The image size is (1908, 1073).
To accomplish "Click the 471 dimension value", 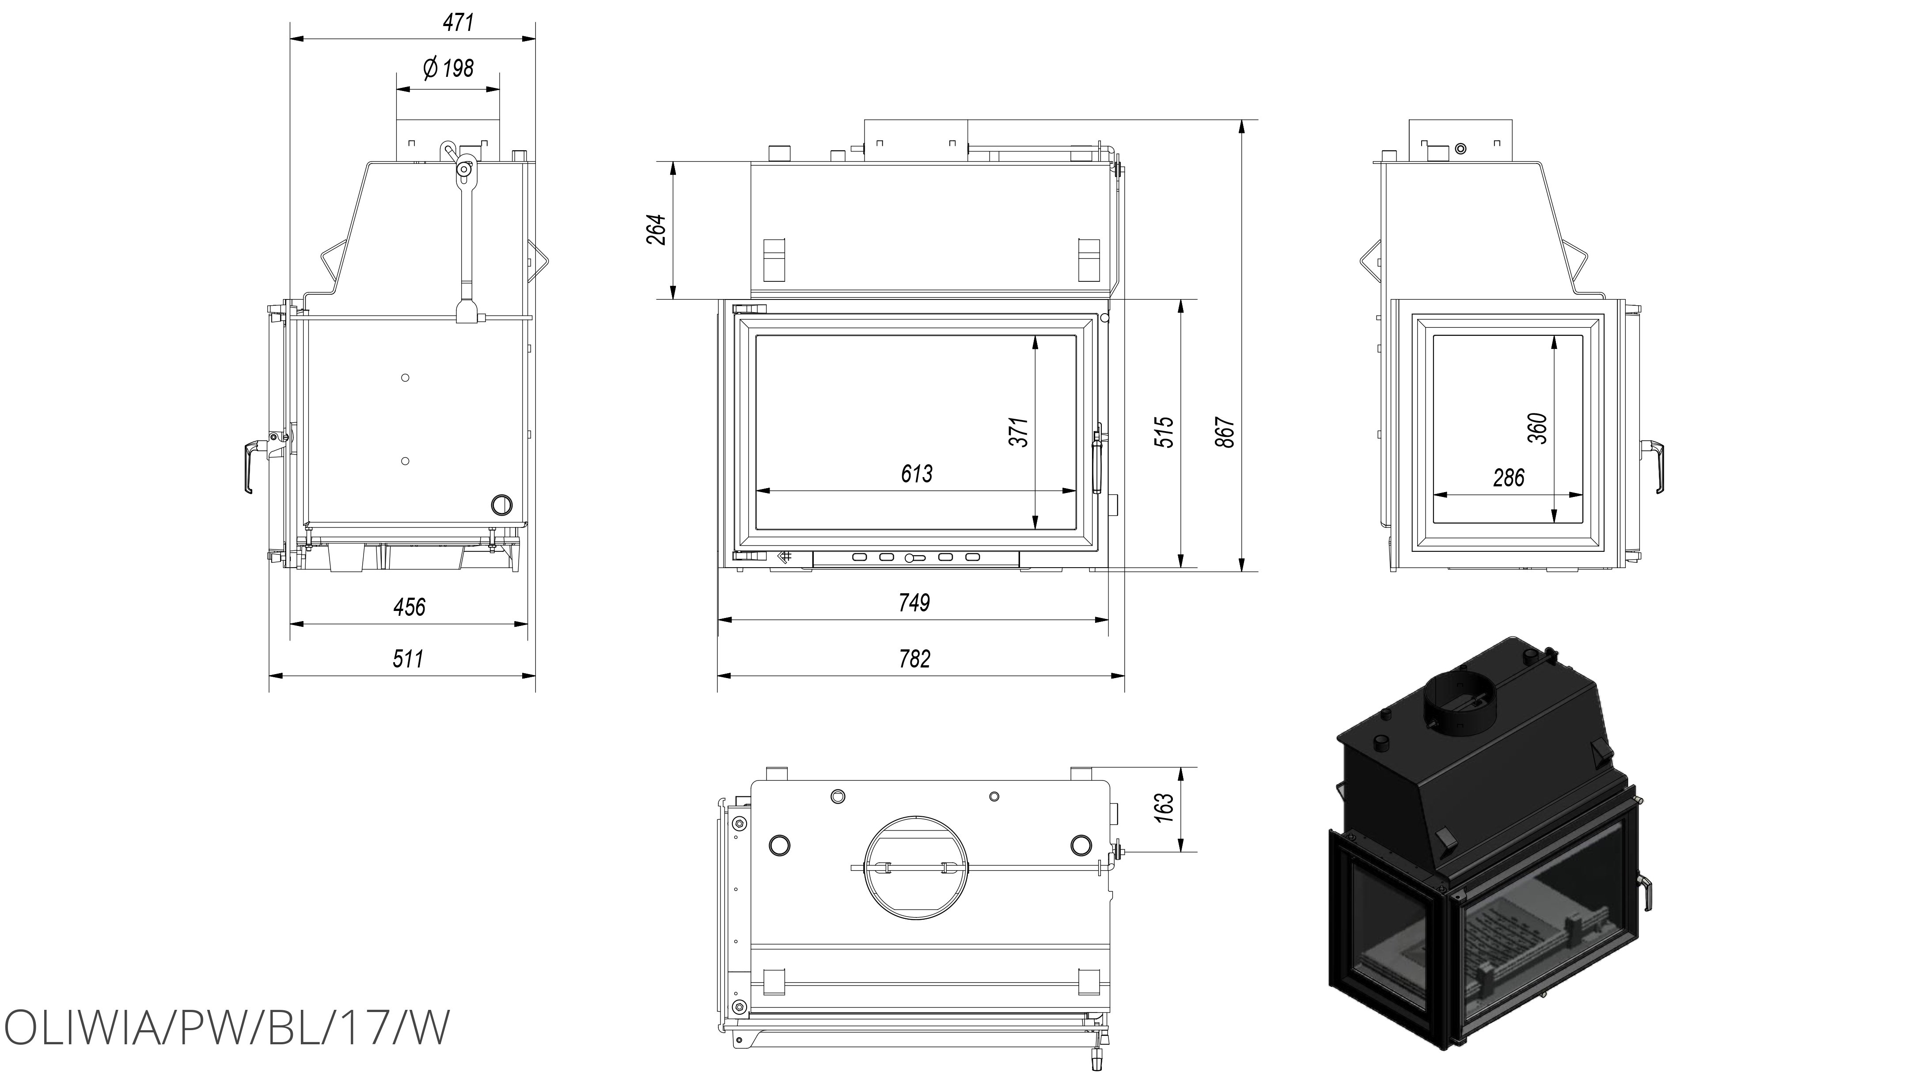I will click(458, 23).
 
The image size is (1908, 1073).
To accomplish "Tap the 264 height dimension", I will click(656, 230).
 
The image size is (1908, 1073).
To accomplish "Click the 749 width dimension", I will click(914, 603).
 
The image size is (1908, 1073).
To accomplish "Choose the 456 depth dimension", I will click(409, 607).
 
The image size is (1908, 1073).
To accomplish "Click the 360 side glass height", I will click(1538, 428).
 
